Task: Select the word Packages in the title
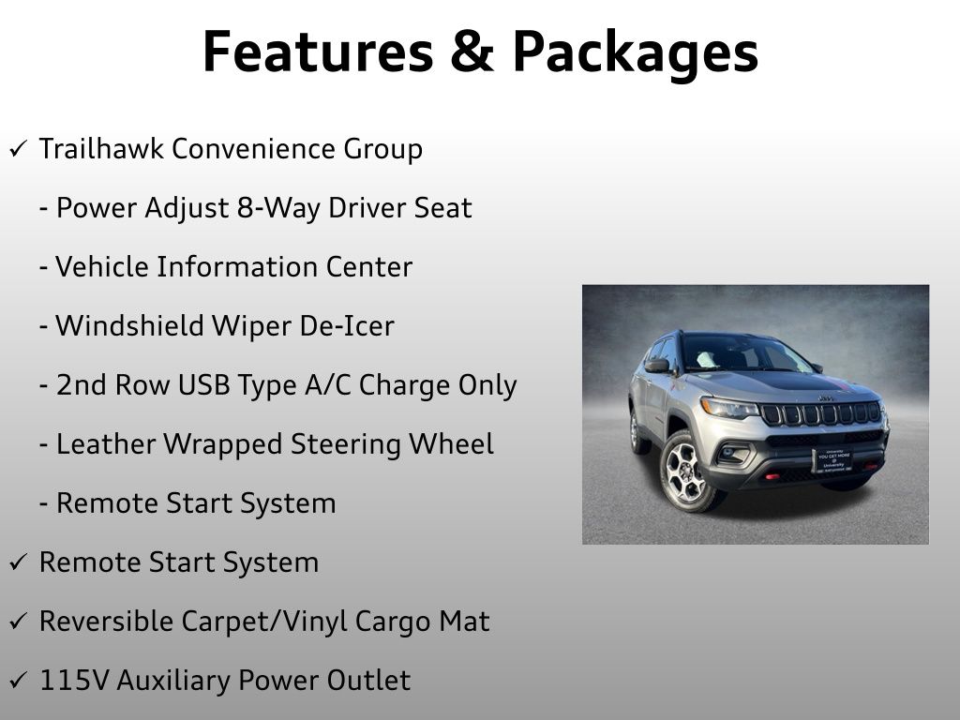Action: [635, 53]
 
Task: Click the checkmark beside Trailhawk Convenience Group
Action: [18, 150]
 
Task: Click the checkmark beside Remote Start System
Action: [18, 563]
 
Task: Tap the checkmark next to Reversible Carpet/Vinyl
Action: [18, 622]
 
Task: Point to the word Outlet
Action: [370, 681]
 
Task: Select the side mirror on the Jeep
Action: [657, 365]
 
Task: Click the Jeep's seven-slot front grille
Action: [820, 412]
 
